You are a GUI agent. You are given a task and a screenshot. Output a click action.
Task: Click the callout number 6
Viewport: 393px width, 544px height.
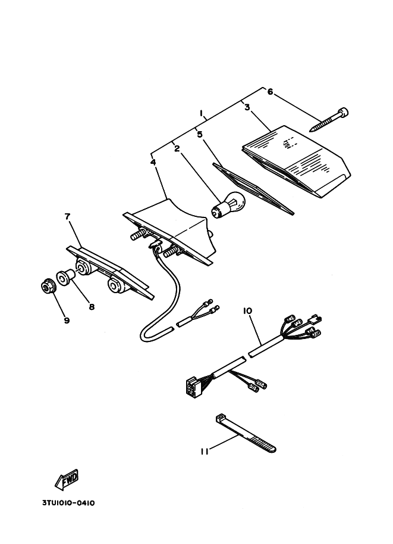pyautogui.click(x=270, y=92)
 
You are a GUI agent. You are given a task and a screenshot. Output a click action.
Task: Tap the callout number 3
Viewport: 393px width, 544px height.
pyautogui.click(x=247, y=107)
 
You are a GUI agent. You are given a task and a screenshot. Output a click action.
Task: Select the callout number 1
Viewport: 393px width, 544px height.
pyautogui.click(x=201, y=113)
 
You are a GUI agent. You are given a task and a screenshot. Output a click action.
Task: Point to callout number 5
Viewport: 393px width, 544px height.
pyautogui.click(x=200, y=134)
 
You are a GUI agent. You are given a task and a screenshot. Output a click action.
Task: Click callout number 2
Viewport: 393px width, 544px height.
pyautogui.click(x=177, y=149)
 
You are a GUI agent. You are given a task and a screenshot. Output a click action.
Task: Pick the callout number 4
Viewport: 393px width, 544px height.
pyautogui.click(x=153, y=163)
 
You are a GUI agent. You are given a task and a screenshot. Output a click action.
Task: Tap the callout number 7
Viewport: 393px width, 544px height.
pyautogui.click(x=67, y=216)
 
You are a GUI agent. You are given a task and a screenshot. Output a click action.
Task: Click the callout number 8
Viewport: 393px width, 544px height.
pyautogui.click(x=92, y=307)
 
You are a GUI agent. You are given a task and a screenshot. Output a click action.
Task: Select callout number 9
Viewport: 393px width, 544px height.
pyautogui.click(x=67, y=320)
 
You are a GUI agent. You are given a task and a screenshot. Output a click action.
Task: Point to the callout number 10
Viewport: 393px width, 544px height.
pyautogui.click(x=247, y=310)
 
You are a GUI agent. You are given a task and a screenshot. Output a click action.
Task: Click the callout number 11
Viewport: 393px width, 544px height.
pyautogui.click(x=205, y=452)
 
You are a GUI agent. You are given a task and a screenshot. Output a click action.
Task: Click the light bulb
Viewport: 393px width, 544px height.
pyautogui.click(x=228, y=205)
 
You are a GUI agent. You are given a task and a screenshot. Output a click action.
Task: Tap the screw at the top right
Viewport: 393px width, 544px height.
pyautogui.click(x=329, y=120)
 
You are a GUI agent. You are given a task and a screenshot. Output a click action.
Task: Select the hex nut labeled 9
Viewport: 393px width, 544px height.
pyautogui.click(x=47, y=286)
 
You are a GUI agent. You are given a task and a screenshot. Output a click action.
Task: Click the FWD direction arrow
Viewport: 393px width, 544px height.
pyautogui.click(x=67, y=480)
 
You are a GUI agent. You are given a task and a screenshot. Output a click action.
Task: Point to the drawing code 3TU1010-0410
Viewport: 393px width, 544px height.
pyautogui.click(x=68, y=503)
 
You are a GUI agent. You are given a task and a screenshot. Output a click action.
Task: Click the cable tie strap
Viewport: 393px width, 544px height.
pyautogui.click(x=246, y=433)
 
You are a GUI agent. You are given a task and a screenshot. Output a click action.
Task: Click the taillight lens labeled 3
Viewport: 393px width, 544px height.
pyautogui.click(x=297, y=161)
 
